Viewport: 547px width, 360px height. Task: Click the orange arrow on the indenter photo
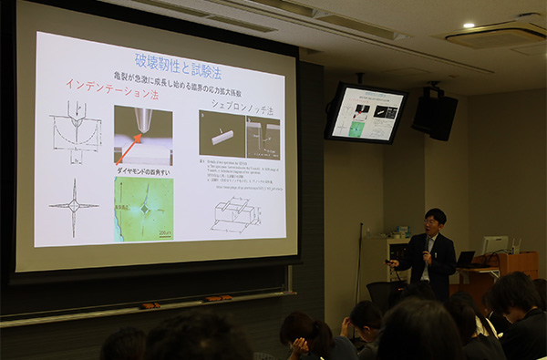[129, 146]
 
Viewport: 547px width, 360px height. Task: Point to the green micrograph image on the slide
[143, 209]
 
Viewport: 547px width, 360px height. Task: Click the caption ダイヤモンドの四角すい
[141, 171]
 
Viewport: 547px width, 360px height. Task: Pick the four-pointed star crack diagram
[74, 206]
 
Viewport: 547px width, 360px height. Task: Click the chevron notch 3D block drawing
[233, 214]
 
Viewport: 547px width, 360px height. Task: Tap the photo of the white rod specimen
[222, 135]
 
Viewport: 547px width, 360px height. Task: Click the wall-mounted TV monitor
[365, 113]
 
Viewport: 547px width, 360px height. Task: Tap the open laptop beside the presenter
[467, 259]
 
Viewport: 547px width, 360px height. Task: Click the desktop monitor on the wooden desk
[494, 245]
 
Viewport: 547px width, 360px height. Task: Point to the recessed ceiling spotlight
[468, 26]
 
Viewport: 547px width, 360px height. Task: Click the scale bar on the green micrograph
[162, 234]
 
